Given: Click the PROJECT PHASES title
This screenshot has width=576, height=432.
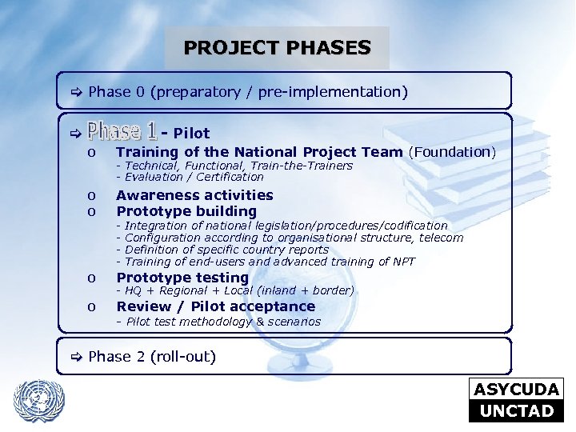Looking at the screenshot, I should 277,48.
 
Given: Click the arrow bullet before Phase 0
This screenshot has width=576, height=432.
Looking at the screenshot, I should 77,93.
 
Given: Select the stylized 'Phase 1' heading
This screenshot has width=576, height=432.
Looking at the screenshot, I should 122,130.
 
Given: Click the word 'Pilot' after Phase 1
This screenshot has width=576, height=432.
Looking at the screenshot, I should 191,133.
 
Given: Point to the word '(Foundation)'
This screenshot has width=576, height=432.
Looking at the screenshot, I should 452,152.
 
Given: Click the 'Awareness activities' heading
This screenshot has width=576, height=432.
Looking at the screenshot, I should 194,195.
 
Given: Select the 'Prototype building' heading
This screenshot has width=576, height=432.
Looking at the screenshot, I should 186,211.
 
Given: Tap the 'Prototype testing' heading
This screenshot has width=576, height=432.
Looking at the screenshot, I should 182,278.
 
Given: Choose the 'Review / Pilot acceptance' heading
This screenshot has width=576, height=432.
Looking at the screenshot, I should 216,306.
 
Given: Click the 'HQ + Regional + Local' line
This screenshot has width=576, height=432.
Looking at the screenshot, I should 235,291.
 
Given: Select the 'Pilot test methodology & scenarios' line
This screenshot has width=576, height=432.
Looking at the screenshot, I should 218,322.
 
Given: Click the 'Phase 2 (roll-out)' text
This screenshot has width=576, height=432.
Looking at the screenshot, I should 152,357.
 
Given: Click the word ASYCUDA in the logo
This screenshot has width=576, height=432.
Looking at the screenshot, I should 517,390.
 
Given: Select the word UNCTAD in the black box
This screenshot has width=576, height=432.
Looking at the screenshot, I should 517,411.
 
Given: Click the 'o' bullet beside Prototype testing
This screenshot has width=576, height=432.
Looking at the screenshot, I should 92,278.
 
